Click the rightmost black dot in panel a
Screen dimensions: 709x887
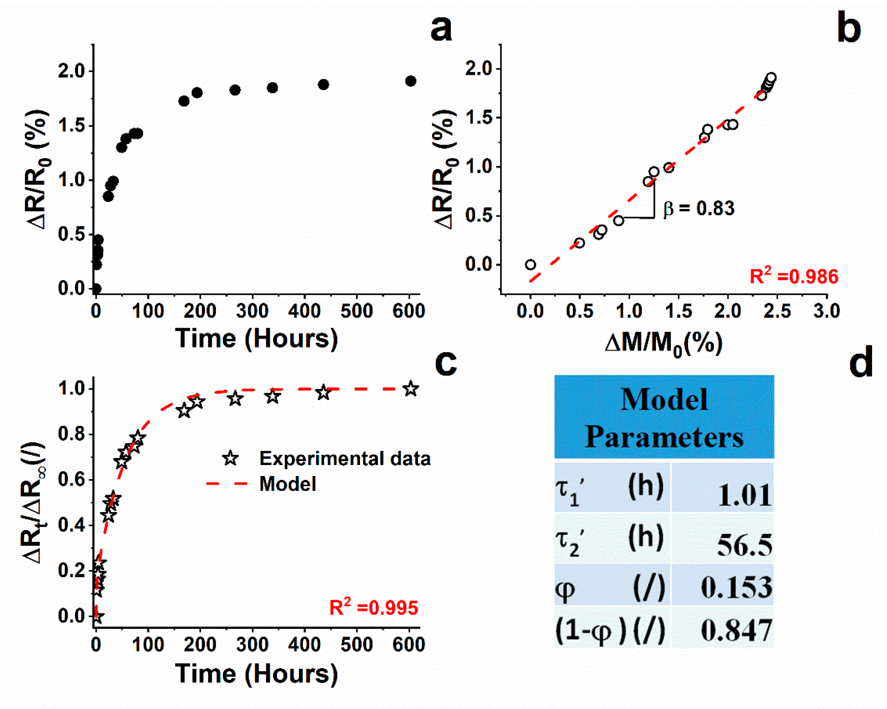[410, 81]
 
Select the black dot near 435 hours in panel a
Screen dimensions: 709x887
[324, 84]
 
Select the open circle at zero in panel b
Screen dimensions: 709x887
[530, 265]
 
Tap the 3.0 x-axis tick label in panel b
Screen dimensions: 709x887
[826, 311]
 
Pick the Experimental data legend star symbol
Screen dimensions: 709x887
[231, 458]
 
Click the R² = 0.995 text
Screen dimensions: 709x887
[373, 608]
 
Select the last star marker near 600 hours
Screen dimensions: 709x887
[410, 389]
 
